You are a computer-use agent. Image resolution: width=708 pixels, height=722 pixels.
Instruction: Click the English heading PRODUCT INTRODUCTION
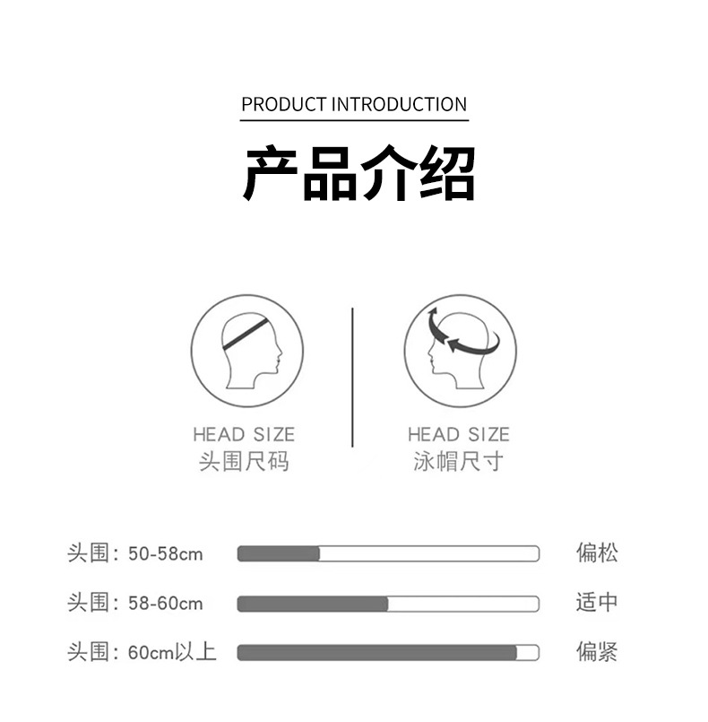354,104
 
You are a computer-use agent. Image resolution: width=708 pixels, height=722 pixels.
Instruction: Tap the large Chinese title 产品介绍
359,172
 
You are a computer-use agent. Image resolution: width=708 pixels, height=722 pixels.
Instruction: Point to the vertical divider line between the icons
352,377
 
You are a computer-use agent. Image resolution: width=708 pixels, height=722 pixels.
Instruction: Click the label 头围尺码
244,463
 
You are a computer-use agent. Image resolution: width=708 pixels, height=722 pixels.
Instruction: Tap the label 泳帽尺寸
458,463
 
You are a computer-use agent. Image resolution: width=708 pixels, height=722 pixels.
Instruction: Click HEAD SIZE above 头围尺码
244,435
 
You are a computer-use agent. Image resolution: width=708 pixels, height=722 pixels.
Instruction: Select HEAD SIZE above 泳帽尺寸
458,435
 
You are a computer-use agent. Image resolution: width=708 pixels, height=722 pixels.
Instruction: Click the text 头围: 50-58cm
135,553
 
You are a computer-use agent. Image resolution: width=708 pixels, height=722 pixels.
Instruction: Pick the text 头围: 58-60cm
135,603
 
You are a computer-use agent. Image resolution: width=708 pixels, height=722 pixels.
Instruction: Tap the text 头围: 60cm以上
142,652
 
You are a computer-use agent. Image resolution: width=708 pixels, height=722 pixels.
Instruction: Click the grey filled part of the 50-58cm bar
279,553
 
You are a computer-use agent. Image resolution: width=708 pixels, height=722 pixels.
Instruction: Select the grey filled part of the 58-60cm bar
313,604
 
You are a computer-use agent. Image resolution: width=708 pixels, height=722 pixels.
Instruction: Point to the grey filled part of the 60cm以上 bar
377,653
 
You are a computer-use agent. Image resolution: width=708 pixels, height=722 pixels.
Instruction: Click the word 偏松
597,552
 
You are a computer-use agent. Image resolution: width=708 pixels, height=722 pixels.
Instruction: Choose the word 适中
597,602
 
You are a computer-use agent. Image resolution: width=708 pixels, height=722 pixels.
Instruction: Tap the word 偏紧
597,651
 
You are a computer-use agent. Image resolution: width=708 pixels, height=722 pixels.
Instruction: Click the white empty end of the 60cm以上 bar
528,653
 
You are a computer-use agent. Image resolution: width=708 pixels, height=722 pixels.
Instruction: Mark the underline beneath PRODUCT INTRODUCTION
354,120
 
